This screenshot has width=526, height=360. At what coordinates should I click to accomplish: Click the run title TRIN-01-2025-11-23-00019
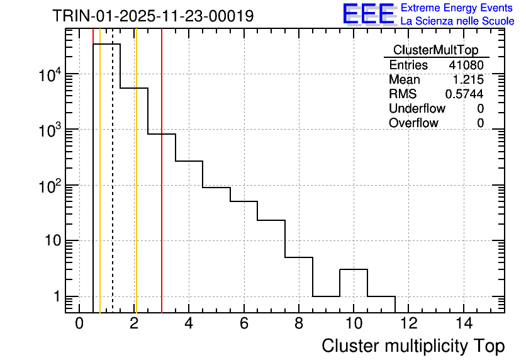click(153, 16)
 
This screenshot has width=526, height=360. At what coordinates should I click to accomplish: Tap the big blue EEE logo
click(369, 14)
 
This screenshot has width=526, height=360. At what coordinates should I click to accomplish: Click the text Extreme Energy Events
click(457, 8)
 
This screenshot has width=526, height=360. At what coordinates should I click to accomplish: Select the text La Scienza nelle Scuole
click(457, 21)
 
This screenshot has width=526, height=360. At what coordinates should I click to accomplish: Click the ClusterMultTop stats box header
click(435, 50)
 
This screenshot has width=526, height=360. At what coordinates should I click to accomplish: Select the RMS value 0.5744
click(464, 94)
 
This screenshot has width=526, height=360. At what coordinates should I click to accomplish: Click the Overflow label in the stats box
click(413, 123)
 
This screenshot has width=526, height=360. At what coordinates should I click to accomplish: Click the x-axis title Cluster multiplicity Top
click(413, 346)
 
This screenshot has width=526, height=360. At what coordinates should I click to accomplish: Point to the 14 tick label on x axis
click(463, 324)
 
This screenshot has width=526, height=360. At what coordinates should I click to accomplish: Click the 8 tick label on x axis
click(298, 324)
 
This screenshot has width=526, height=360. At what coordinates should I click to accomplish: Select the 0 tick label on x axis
click(79, 324)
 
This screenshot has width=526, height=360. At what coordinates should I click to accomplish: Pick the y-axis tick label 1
click(56, 297)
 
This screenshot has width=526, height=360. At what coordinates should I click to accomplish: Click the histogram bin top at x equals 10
click(354, 269)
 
